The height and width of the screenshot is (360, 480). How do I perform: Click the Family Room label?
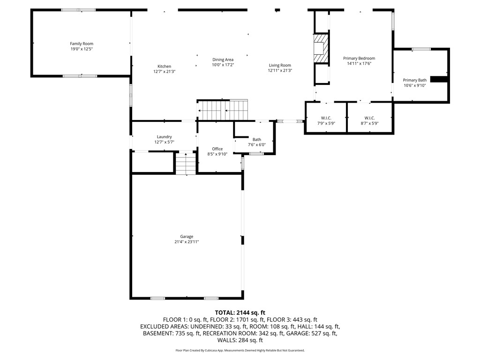coord(82,44)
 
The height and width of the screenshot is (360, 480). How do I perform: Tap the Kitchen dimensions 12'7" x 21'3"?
coord(164,72)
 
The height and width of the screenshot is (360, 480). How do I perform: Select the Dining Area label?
coord(223,60)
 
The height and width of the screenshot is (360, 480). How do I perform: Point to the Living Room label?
coord(280,65)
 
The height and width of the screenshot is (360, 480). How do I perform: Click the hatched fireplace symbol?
coord(321,48)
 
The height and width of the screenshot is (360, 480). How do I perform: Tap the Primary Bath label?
coord(414,80)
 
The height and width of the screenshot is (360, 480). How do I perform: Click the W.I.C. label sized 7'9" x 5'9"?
coord(326,118)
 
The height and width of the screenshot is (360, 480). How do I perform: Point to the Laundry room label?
coord(164,137)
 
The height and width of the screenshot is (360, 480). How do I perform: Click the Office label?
coord(217,149)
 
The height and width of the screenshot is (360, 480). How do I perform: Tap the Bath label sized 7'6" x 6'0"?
coord(256,139)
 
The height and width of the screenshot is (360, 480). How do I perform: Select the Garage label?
coord(187,237)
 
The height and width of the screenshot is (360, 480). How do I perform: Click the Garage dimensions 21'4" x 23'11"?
coord(187,242)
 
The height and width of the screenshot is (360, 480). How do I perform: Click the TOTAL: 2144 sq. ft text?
coord(240,312)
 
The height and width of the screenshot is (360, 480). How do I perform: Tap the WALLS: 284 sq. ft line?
coord(240,341)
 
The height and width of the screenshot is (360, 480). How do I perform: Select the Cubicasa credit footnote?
coord(240,350)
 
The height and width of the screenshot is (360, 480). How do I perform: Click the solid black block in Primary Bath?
coord(439,79)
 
